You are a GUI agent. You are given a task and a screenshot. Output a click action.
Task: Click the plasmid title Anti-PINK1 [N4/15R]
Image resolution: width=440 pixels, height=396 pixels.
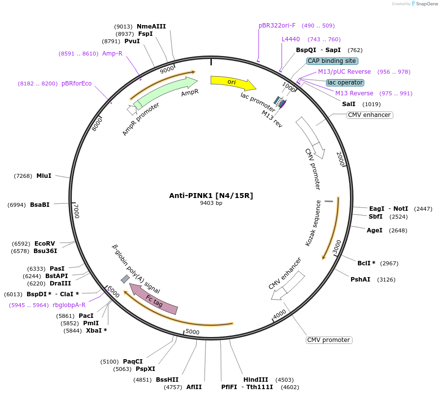click(211, 196)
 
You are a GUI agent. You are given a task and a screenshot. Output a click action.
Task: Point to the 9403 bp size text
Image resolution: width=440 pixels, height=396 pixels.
click(211, 203)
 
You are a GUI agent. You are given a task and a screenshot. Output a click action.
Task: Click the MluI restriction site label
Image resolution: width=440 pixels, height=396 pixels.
click(44, 176)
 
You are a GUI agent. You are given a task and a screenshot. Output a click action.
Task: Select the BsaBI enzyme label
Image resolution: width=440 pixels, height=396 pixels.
click(40, 205)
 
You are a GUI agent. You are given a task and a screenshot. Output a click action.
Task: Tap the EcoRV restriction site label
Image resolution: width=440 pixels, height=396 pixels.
click(45, 243)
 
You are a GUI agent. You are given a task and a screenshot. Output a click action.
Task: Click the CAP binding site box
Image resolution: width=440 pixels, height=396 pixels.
click(332, 61)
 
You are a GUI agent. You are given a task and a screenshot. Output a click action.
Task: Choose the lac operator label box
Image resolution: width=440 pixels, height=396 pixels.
click(345, 83)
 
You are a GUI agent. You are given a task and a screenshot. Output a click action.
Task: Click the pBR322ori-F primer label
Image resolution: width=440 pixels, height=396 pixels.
click(277, 26)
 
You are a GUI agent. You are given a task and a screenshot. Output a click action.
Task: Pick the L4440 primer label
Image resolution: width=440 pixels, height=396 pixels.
click(291, 39)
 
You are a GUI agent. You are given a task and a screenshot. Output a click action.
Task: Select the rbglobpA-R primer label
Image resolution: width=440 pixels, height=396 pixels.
click(69, 305)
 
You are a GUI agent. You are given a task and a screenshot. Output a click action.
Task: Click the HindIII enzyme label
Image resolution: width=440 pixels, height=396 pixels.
click(256, 379)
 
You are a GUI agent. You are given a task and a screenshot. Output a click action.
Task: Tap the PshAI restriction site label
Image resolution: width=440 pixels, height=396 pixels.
click(360, 280)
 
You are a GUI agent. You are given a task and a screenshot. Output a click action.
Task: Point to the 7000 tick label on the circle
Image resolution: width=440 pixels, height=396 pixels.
click(76, 211)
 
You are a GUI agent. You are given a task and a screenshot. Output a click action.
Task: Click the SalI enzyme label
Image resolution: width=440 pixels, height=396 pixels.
click(349, 104)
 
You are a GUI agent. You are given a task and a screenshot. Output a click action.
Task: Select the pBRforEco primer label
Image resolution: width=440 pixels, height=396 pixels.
click(77, 84)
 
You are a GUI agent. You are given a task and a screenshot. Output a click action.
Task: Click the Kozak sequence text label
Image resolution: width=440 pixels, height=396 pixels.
click(313, 223)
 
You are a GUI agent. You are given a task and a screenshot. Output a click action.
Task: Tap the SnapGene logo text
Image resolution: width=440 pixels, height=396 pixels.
click(426, 4)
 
